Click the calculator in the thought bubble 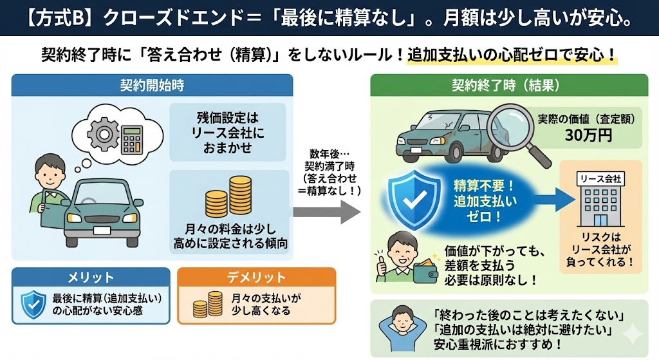tap(133, 137)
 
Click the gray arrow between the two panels tap(326, 210)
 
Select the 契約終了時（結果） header tap(508, 86)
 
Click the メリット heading tap(91, 278)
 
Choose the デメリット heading tap(256, 278)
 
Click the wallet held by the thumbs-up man tap(427, 263)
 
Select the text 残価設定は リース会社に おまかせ tap(227, 133)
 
